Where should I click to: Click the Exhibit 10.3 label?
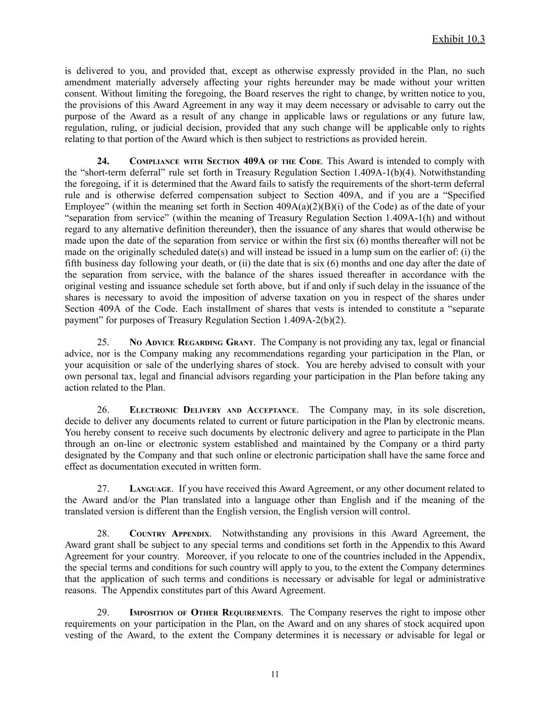(x=458, y=40)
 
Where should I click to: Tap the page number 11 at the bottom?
(x=275, y=674)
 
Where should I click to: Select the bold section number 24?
(x=103, y=161)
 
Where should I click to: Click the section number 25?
(x=103, y=342)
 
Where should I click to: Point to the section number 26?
(x=103, y=410)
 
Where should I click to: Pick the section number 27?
(x=103, y=489)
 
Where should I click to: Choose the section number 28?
(x=103, y=534)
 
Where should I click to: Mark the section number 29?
(x=103, y=613)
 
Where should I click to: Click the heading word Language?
(x=150, y=489)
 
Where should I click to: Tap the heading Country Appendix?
(x=170, y=534)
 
